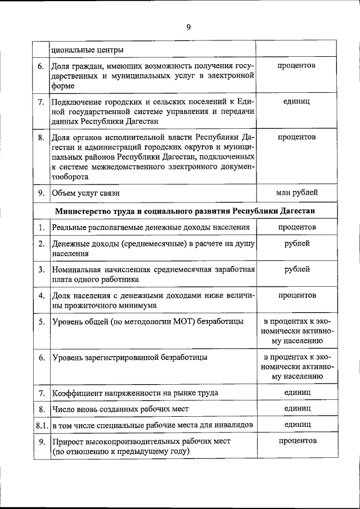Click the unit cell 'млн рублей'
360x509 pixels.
coord(296,192)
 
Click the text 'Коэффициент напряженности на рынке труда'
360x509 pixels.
coord(134,392)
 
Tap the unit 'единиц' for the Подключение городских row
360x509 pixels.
coord(296,101)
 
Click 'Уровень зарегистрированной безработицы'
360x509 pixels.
coord(129,357)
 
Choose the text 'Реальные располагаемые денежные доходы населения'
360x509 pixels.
coord(150,227)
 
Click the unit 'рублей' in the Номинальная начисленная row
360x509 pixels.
coord(296,269)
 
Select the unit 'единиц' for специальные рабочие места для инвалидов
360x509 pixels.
coord(296,424)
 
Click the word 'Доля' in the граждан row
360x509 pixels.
coord(61,66)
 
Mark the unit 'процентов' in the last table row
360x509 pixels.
coord(296,441)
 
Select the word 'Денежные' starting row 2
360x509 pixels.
coord(70,244)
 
